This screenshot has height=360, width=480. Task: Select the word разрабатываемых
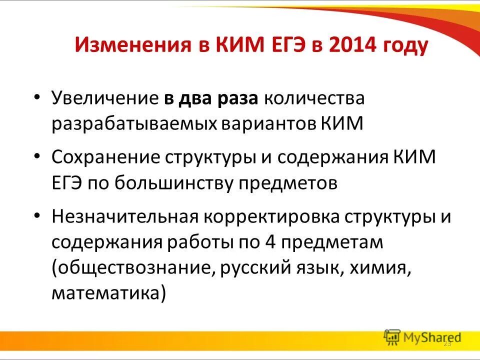point(133,123)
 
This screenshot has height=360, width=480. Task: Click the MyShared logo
point(422,337)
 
